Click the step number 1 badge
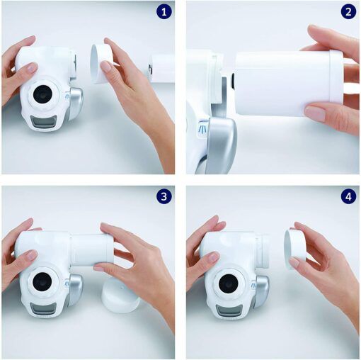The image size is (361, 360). [x=163, y=12]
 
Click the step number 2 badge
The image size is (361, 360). [x=348, y=12]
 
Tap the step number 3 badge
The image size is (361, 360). [x=163, y=197]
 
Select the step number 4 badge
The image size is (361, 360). [x=348, y=197]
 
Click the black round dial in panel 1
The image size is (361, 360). [x=44, y=96]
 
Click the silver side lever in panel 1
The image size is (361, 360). [x=75, y=103]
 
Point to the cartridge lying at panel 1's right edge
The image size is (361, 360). [x=162, y=69]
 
